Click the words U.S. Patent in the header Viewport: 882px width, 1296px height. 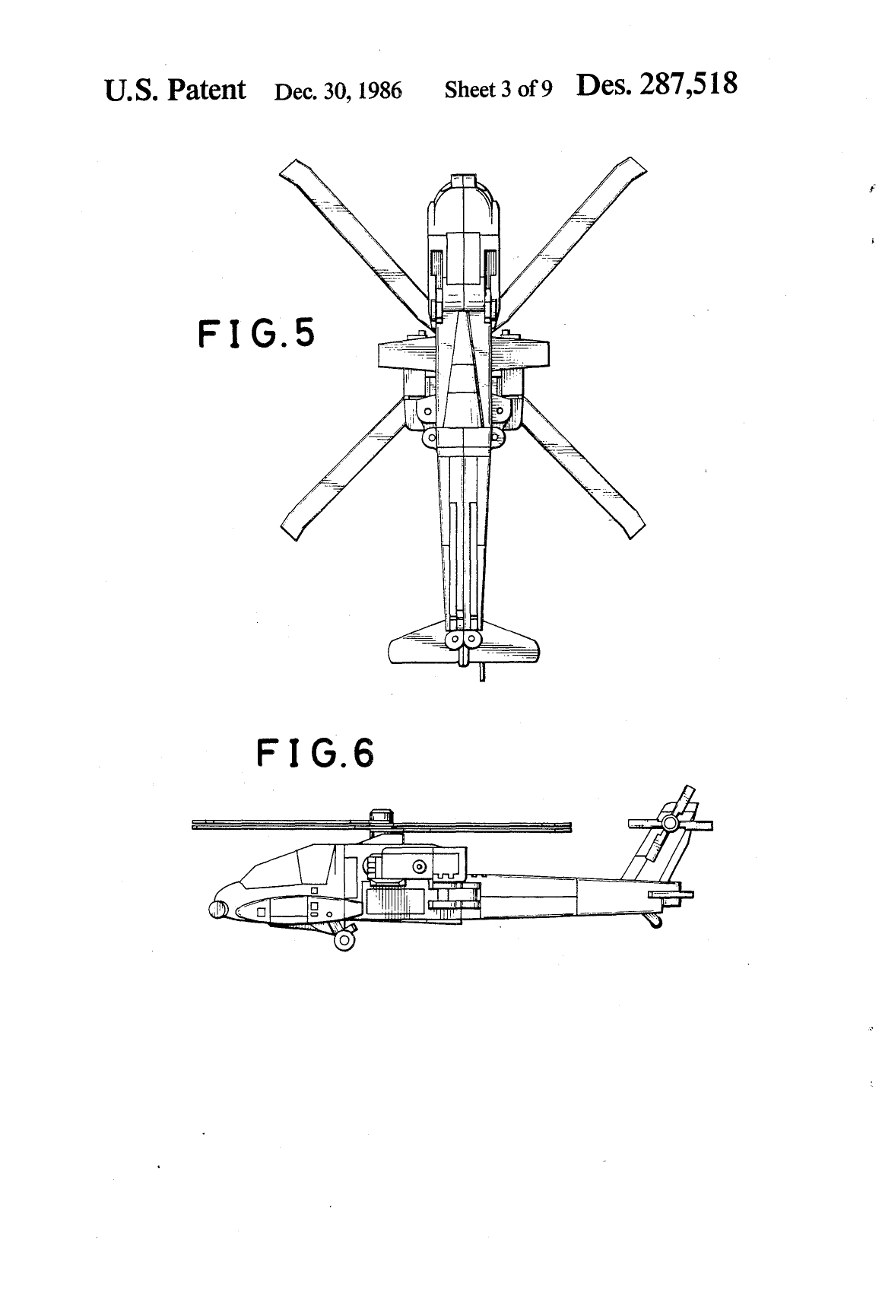tap(175, 90)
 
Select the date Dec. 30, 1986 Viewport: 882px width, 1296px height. tap(338, 91)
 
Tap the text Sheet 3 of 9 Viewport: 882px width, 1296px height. tap(498, 89)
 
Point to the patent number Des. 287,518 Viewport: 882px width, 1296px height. tap(656, 84)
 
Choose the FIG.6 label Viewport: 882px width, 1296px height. tap(316, 753)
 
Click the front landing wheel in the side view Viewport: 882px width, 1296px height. tap(344, 940)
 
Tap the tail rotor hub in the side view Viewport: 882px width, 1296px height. tap(670, 822)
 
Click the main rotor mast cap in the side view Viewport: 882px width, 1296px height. tap(379, 816)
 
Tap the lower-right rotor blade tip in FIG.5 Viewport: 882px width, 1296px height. tap(636, 530)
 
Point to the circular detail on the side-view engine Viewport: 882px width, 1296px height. tap(418, 866)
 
